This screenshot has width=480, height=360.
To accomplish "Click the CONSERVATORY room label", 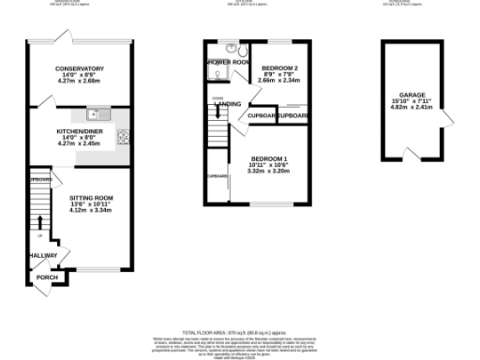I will [x=79, y=68].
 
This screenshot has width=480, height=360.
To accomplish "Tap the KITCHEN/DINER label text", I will [x=79, y=130].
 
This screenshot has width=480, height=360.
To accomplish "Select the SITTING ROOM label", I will [x=91, y=198].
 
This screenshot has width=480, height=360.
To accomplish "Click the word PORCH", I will [x=46, y=277].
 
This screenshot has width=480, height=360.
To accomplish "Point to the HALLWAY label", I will [x=42, y=255].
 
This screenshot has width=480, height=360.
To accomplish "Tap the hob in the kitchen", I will [x=123, y=138].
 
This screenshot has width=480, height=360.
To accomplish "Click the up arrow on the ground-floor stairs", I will [x=39, y=222].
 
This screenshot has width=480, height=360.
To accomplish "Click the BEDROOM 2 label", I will [x=279, y=68].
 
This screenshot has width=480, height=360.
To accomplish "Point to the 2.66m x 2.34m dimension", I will [x=278, y=81].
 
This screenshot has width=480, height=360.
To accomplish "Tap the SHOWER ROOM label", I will [x=226, y=63].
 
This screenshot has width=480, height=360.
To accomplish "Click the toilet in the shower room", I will [x=240, y=51].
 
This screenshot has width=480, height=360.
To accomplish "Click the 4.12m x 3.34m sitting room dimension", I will [x=91, y=210].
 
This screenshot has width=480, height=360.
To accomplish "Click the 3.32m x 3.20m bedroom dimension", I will [x=268, y=171].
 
